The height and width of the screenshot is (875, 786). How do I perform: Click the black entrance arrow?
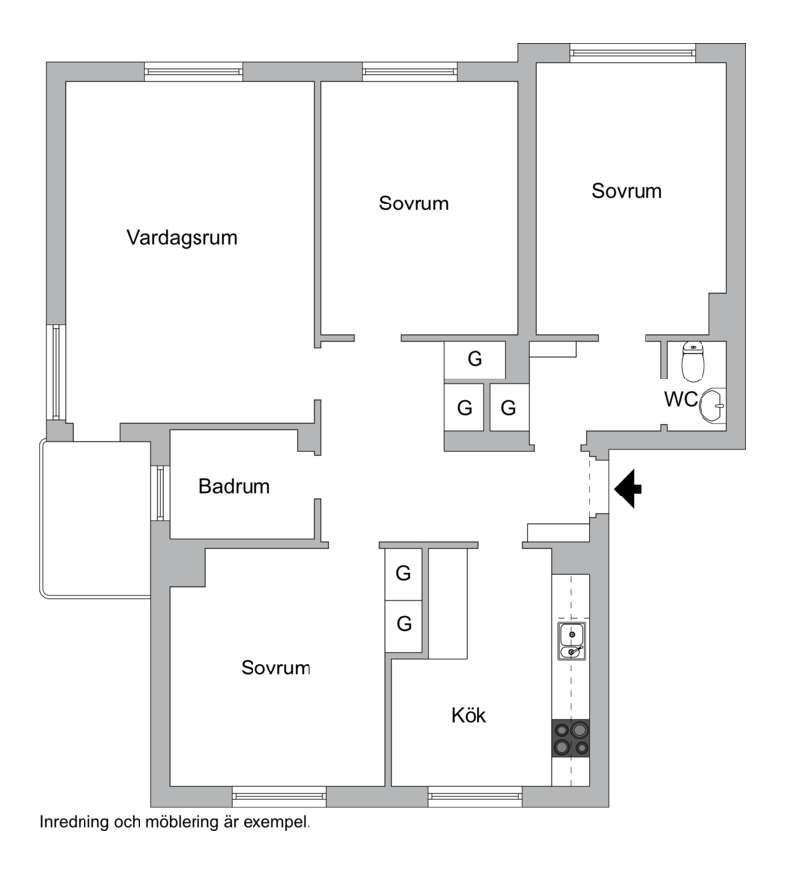point(628,489)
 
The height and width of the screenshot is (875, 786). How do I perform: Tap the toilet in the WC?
point(694,362)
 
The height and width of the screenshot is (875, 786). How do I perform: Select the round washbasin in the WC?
point(712,405)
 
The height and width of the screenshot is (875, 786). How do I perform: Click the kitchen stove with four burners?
point(571,738)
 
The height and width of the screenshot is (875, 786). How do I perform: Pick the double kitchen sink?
point(571,641)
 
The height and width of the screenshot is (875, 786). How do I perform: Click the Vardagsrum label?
point(182,238)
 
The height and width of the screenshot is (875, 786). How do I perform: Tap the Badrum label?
point(234,486)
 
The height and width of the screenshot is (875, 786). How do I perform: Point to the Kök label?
point(469,715)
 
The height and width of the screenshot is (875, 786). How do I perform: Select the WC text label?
point(681,399)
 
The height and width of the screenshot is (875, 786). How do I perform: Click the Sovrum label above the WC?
point(627,191)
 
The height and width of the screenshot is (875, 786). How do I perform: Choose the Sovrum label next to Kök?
point(275,668)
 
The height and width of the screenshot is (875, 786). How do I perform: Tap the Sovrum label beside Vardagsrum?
point(414,204)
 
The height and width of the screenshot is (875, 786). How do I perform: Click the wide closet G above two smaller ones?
point(475,359)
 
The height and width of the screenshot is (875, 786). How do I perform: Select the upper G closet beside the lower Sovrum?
point(404,573)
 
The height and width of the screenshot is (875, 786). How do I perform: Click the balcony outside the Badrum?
point(95,519)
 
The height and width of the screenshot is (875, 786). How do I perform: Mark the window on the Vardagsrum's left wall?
point(56,372)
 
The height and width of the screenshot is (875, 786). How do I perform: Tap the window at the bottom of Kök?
point(476,796)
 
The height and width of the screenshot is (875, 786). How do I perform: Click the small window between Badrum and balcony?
point(160,493)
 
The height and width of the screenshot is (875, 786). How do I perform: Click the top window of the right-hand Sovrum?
point(633,53)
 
